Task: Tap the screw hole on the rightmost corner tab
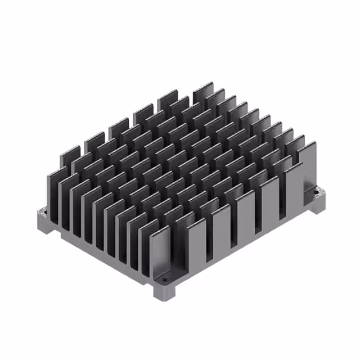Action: [322, 193]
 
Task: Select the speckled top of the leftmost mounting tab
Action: [42, 213]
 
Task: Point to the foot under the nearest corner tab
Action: [164, 292]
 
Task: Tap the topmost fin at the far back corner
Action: [203, 92]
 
